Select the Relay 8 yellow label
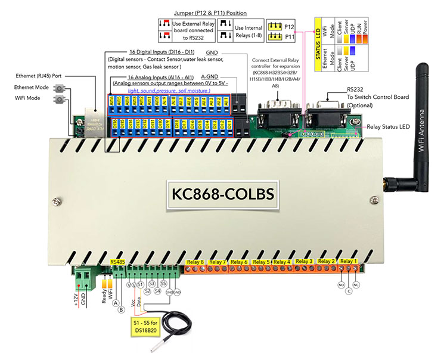tap(195, 262)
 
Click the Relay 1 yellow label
tap(348, 261)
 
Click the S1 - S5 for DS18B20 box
tap(144, 325)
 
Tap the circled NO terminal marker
tap(340, 285)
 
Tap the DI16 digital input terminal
tap(113, 123)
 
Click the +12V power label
tap(76, 296)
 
